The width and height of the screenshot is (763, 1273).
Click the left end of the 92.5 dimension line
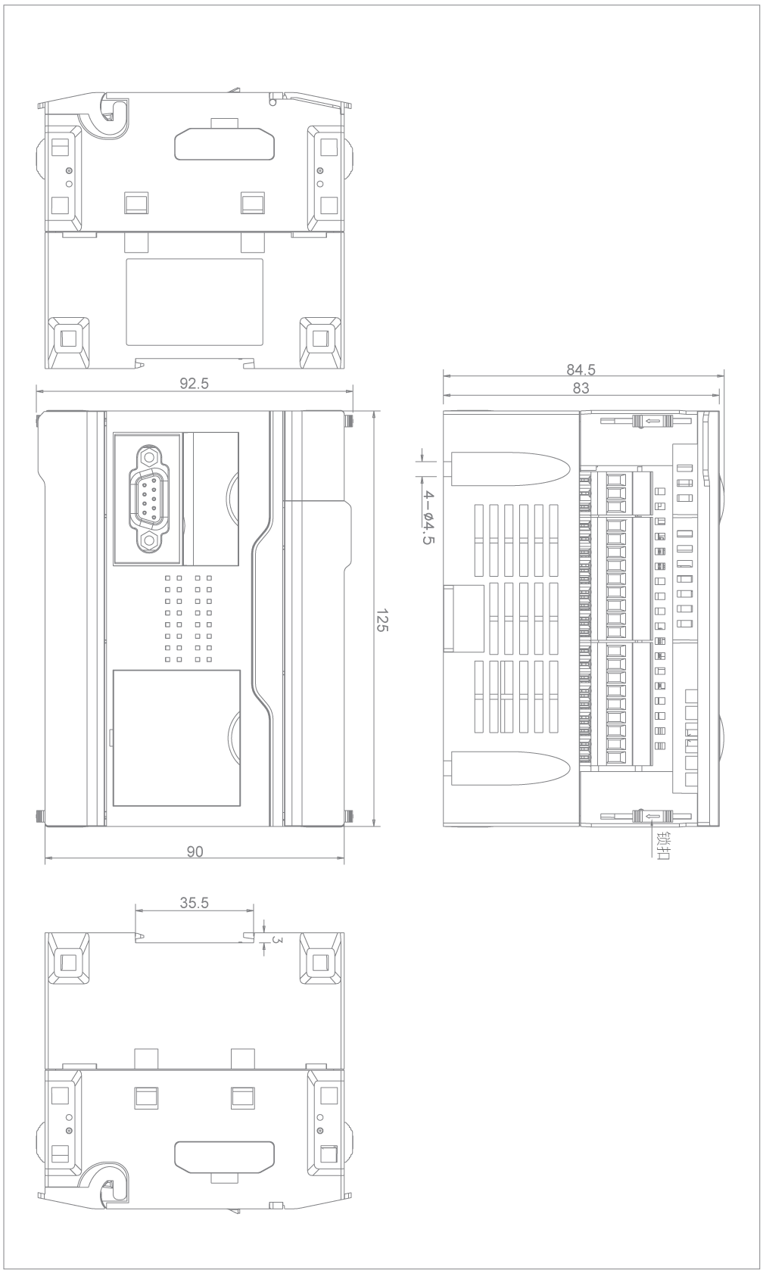(x=36, y=391)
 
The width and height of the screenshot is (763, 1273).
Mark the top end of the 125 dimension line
(x=373, y=411)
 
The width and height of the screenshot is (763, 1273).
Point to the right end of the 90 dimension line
(x=344, y=857)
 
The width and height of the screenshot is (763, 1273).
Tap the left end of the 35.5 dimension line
(x=135, y=910)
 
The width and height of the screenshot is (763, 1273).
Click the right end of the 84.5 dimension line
(x=724, y=376)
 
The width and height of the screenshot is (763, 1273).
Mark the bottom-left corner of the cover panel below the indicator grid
(x=113, y=806)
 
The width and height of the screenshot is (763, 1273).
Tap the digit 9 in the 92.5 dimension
(x=184, y=384)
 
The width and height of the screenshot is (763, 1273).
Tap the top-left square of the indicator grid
(x=168, y=577)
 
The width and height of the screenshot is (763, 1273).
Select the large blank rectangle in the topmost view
(x=195, y=302)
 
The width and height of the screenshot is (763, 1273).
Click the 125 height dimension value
(x=381, y=620)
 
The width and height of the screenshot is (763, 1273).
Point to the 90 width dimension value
(x=195, y=851)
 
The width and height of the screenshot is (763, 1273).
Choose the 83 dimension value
(x=581, y=388)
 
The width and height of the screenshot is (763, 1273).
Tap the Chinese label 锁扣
(x=663, y=845)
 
